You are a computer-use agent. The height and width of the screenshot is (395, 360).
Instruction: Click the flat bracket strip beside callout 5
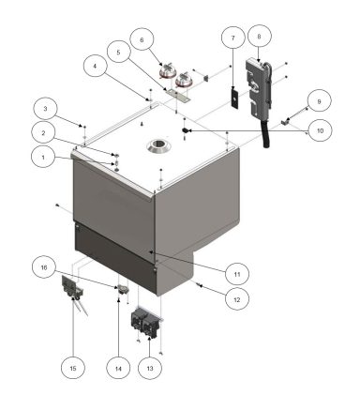[x=179, y=92]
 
